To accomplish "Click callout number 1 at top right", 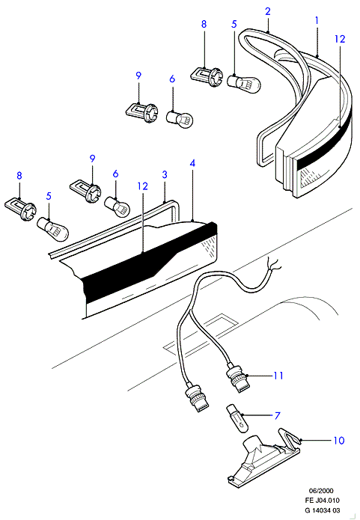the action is point(317,20).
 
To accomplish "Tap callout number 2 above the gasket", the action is point(268,11).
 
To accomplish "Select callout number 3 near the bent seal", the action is point(165,174).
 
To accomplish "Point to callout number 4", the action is point(192,163).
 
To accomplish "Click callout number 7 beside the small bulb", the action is point(278,415).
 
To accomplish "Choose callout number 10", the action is point(339,441).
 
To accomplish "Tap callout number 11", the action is point(278,376).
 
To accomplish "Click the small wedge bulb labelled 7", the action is point(237,418).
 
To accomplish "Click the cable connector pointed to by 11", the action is point(238,378).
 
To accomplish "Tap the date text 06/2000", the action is point(321,491).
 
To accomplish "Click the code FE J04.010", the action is point(323,500).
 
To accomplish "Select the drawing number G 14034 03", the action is point(323,510).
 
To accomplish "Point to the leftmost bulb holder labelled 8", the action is point(20,209).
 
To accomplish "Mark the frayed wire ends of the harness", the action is point(275,263).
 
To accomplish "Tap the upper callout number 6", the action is point(172,79).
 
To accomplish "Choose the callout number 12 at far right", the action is point(340,39).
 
